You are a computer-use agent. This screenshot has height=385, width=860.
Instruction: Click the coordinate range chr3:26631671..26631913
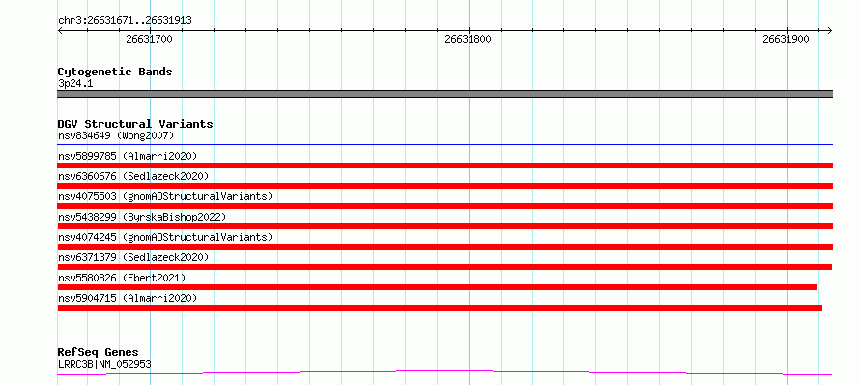click(125, 21)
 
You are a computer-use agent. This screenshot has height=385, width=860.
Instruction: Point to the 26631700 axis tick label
click(149, 39)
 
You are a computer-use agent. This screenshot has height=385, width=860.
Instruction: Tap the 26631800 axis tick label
click(468, 39)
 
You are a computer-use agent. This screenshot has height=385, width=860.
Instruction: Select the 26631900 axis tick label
click(786, 39)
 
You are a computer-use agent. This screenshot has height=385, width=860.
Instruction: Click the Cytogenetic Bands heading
click(115, 72)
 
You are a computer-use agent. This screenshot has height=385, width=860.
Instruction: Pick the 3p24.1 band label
click(74, 84)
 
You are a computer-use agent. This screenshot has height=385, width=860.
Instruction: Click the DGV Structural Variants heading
click(135, 124)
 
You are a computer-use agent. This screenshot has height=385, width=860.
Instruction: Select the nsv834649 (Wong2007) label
click(116, 135)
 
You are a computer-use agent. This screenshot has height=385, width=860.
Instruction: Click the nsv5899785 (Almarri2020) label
click(128, 156)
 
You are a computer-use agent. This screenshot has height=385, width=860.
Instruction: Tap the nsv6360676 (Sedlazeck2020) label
click(133, 176)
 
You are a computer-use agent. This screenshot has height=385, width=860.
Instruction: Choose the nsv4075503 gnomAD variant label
click(165, 196)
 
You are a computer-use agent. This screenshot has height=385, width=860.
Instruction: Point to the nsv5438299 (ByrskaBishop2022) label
click(142, 217)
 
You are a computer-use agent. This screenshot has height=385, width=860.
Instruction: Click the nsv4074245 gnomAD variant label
click(165, 237)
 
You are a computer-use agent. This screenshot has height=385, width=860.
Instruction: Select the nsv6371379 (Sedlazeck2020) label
click(133, 257)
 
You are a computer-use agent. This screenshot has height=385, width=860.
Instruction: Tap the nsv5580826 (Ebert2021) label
click(122, 278)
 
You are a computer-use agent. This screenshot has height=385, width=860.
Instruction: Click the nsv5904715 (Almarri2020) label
click(128, 298)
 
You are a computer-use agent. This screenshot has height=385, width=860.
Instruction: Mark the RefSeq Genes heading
click(99, 353)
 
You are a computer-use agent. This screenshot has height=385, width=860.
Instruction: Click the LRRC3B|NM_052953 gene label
click(104, 364)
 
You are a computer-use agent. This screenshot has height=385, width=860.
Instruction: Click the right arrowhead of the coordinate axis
click(831, 31)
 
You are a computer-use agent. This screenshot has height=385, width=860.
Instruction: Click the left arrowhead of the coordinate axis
click(59, 31)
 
